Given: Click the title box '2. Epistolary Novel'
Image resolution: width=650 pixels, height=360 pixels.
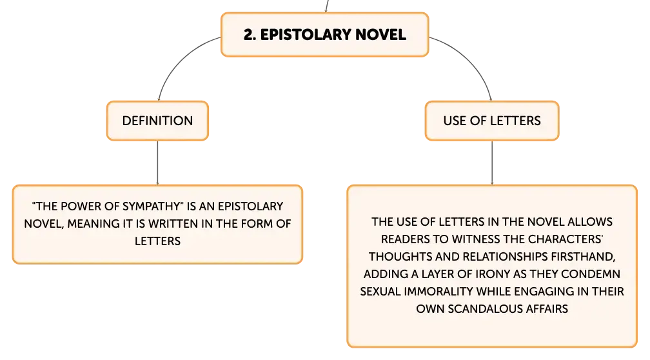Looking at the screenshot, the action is click(x=324, y=34).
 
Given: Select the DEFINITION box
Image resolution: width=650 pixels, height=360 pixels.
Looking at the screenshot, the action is click(x=157, y=121).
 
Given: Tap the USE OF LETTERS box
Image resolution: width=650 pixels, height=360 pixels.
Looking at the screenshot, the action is click(x=492, y=121).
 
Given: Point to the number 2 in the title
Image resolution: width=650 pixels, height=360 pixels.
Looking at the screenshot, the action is click(x=248, y=34).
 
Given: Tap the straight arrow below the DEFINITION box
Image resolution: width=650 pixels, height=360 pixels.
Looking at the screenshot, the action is click(x=157, y=163).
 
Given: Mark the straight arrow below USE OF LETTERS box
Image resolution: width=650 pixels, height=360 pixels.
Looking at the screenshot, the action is click(x=492, y=163).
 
